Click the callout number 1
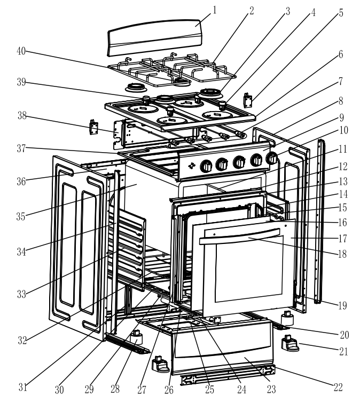point(215,10)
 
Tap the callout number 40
point(22,52)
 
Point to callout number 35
point(22,217)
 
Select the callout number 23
point(271,389)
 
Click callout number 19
point(342,306)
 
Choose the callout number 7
point(341,82)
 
